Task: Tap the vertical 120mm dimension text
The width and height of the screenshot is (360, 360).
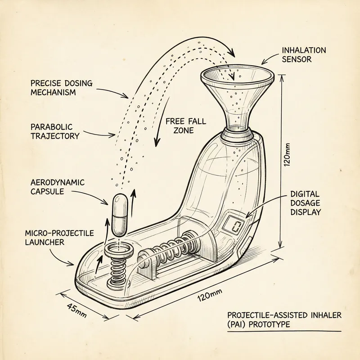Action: (x=288, y=155)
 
